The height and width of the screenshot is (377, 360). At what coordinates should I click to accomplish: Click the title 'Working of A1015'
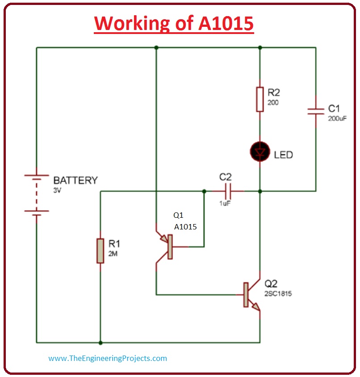point(174,23)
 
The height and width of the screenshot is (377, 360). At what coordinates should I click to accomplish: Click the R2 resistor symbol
point(260,99)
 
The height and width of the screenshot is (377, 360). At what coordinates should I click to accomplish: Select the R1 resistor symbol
point(100,250)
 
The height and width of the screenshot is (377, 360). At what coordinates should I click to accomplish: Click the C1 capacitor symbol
point(316,111)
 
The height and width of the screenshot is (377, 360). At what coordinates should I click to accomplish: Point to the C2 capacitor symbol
point(228,191)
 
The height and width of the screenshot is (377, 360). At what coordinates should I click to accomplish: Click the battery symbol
point(37,195)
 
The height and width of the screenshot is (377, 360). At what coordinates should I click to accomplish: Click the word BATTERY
point(75,181)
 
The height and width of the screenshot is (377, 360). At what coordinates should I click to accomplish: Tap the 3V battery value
point(58,190)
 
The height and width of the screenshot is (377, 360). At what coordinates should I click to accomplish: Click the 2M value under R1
point(113,254)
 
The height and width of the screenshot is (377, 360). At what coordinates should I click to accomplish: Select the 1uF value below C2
point(225,203)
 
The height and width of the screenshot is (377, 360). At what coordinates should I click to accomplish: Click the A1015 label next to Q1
point(185,227)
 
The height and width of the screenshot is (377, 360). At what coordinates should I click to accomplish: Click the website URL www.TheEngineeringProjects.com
point(108,358)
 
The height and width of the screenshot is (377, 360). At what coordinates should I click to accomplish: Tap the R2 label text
point(273,93)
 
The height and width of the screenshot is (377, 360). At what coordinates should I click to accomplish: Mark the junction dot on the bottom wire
point(100,343)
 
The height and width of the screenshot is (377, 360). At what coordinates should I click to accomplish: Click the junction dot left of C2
point(204,191)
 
